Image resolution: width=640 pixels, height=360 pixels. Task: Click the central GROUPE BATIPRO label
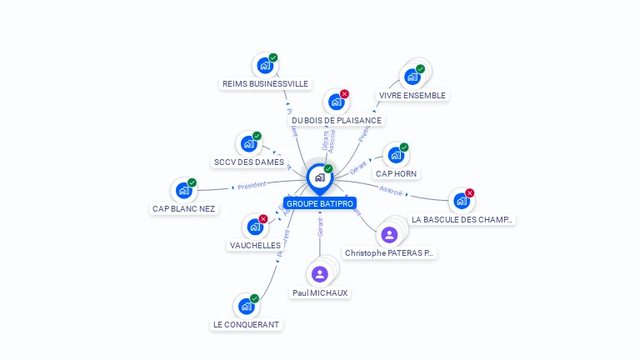[320, 203]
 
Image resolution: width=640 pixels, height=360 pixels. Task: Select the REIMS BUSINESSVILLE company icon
[264, 65]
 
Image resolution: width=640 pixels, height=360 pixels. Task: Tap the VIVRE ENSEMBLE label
[412, 96]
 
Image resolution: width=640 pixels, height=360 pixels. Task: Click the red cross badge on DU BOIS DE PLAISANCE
[344, 94]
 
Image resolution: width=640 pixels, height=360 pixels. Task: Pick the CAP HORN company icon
[395, 155]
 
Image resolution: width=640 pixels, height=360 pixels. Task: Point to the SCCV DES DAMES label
[248, 162]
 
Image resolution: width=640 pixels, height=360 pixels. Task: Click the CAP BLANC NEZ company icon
[183, 190]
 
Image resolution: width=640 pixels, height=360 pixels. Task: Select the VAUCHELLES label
[255, 245]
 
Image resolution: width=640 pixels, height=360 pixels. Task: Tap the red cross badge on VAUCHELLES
[263, 219]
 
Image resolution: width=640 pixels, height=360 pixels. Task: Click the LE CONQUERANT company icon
[246, 306]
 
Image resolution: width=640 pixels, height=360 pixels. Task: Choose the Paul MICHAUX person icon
[319, 274]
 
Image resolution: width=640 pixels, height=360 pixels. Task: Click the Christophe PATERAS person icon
[388, 234]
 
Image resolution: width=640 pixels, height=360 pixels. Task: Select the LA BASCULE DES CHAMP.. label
[462, 220]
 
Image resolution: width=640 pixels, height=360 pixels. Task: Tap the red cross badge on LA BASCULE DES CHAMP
[470, 193]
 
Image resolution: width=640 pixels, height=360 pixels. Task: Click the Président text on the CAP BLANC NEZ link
[252, 186]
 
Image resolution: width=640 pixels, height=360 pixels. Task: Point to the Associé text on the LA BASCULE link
[391, 191]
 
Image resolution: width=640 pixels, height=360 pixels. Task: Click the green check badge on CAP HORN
[404, 147]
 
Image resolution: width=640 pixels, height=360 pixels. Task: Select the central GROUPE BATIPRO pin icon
[319, 177]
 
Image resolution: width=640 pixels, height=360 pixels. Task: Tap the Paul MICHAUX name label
[320, 293]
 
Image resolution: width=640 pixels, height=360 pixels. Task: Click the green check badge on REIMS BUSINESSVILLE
[273, 57]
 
